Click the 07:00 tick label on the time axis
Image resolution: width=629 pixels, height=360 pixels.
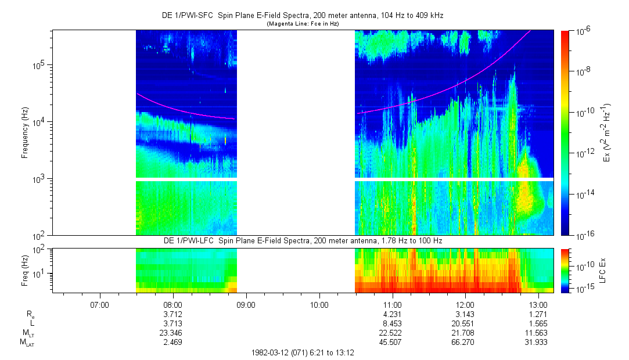tap(100, 304)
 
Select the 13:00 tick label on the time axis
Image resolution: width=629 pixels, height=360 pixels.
tap(539, 304)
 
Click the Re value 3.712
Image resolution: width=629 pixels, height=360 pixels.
tap(173, 314)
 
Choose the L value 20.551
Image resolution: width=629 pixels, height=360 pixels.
tap(466, 323)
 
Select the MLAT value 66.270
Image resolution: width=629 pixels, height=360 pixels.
tap(466, 340)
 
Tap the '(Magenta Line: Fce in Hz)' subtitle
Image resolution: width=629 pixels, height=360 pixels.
tap(303, 24)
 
